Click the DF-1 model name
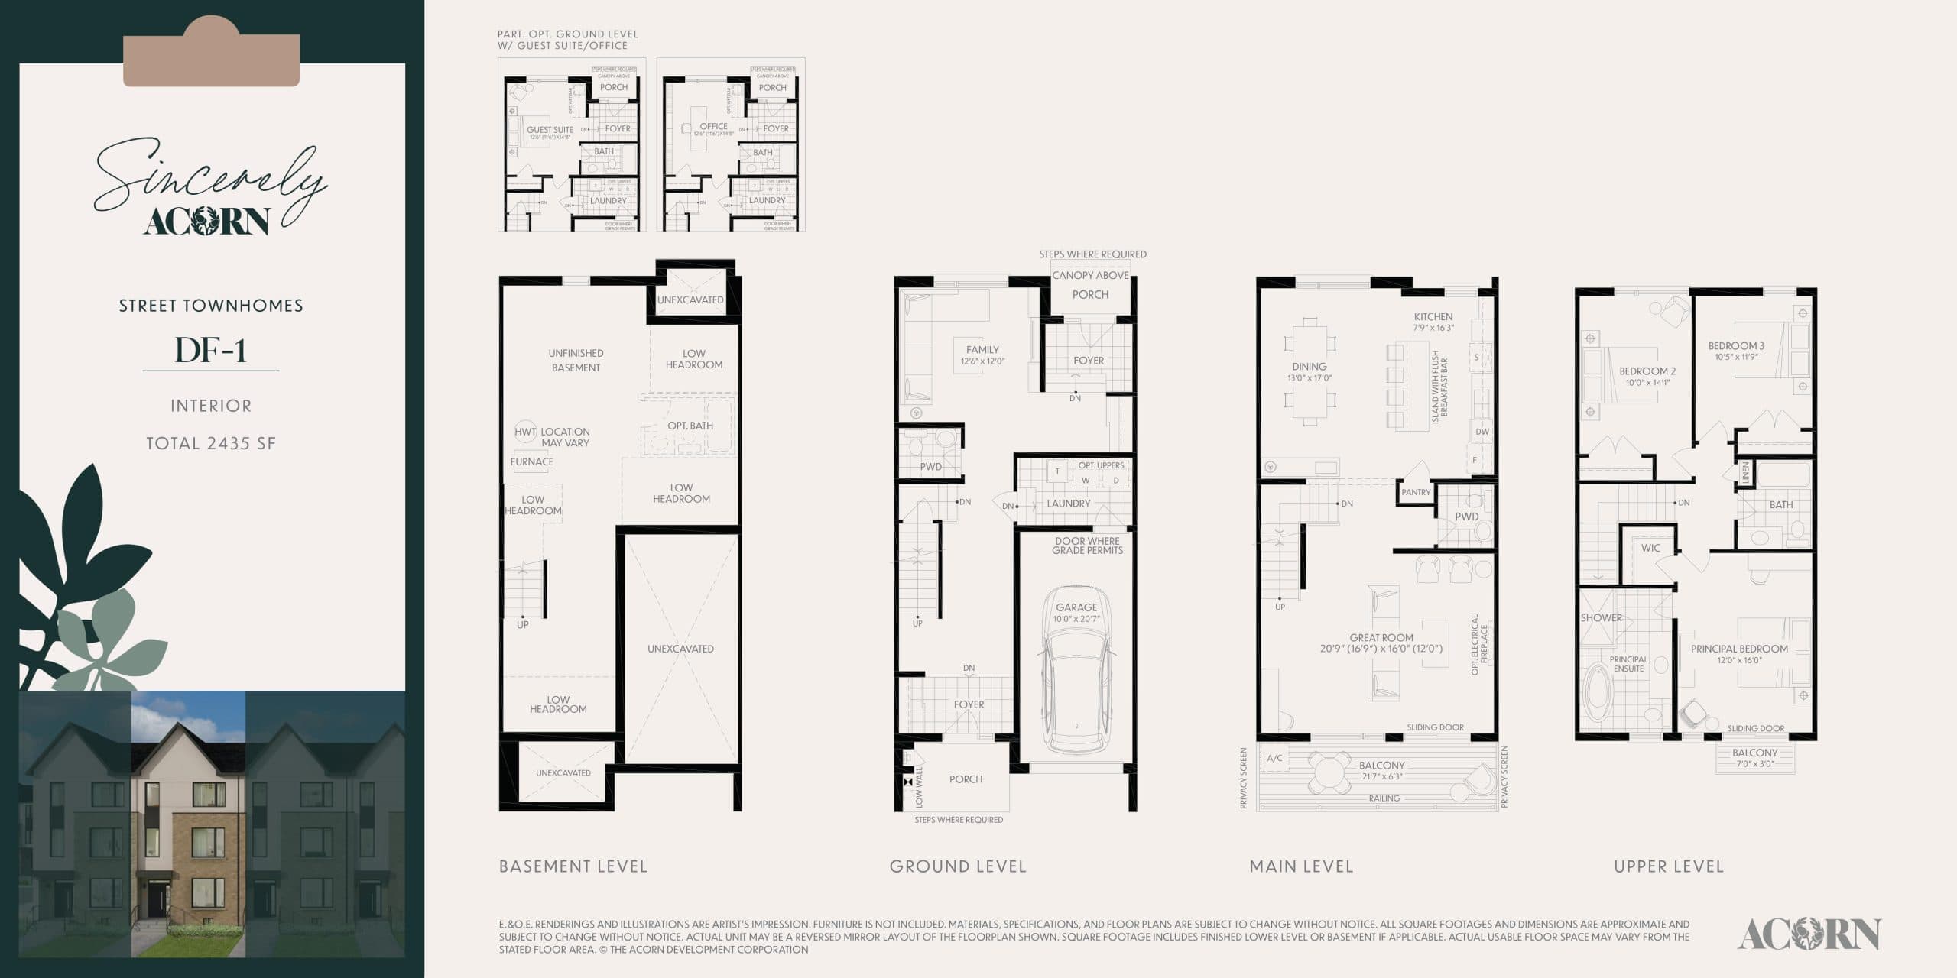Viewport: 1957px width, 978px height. coord(210,350)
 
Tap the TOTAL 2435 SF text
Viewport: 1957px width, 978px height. coord(211,443)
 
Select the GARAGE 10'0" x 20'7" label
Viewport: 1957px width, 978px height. coord(1076,613)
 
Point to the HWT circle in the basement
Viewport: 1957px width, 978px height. coord(525,432)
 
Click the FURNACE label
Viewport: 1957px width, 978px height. coord(531,461)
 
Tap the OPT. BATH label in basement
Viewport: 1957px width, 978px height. coord(690,426)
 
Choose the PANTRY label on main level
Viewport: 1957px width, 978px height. coord(1416,492)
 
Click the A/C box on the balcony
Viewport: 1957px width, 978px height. coord(1274,758)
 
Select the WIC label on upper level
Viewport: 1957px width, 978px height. coord(1650,548)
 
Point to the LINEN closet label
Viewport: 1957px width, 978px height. coord(1745,471)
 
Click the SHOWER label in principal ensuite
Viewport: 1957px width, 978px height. coord(1601,617)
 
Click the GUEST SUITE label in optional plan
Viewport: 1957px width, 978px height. coord(550,131)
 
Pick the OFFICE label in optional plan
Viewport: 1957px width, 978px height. coord(713,127)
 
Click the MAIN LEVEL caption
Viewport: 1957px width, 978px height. coord(1301,866)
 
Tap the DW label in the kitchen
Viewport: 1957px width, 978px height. coord(1482,432)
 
